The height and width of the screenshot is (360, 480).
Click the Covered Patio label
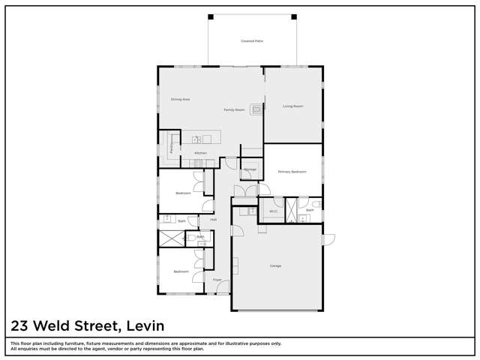pos(252,41)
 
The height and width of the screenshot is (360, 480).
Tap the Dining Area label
pos(180,99)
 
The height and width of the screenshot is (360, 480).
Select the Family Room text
pos(234,110)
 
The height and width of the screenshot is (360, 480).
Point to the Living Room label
pos(292,106)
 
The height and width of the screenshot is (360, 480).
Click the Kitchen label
pos(200,153)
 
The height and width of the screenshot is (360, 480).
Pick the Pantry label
pos(172,145)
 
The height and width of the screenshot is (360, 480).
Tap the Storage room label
pos(250,169)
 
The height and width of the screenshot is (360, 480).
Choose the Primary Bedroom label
pos(292,172)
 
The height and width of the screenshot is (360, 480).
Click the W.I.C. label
pos(274,211)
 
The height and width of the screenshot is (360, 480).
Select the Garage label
pos(275,265)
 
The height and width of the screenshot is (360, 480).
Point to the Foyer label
pos(217,280)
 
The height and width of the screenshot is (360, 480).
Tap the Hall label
pos(213,220)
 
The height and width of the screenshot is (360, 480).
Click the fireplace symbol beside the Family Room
pos(256,109)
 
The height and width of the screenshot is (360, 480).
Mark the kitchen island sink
pos(196,139)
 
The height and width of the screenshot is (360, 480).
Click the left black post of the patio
pos(211,16)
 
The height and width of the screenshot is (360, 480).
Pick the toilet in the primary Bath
pos(316,203)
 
